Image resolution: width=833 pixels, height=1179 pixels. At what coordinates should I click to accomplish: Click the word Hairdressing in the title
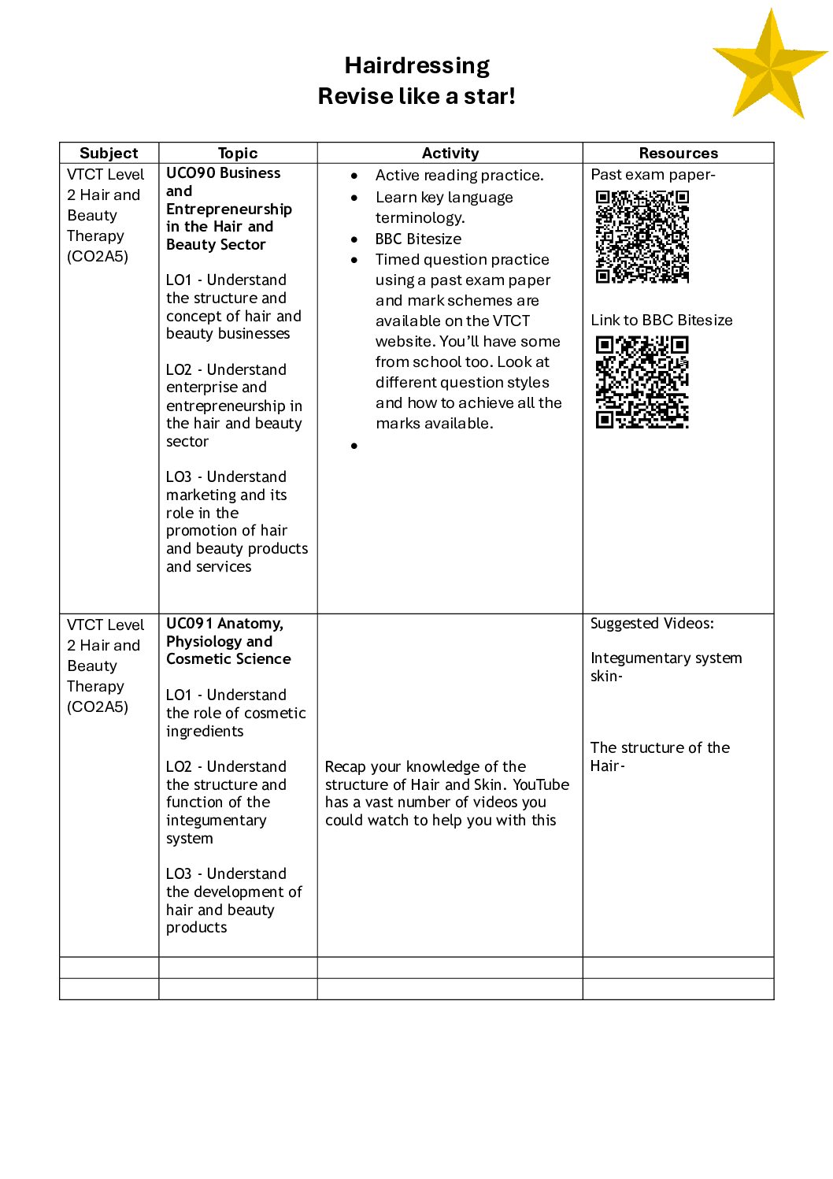[416, 65]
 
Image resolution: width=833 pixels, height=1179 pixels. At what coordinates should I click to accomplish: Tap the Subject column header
[109, 153]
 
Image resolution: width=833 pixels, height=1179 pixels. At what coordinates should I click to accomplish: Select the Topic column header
[238, 153]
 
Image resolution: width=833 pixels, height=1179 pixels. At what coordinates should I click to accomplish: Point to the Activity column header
[450, 153]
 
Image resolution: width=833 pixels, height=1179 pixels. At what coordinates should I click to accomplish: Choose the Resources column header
[678, 153]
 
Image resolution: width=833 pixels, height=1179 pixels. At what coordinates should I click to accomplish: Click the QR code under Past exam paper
[642, 236]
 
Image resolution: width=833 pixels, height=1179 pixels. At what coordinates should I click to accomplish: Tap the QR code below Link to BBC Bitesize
[642, 383]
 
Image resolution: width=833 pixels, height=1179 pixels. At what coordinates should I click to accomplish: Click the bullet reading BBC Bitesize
[418, 239]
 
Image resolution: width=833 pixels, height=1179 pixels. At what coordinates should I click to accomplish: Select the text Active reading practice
[459, 175]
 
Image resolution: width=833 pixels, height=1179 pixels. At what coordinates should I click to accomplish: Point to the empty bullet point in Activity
[354, 446]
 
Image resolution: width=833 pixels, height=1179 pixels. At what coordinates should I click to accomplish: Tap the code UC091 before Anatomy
[189, 624]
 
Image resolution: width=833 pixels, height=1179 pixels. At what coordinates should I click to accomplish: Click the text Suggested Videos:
[652, 624]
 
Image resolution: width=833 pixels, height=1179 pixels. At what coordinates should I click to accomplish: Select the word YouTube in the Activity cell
[541, 784]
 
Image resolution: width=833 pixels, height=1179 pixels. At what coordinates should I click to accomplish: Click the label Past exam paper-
[653, 175]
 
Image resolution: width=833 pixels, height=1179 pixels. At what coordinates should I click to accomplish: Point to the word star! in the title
[488, 96]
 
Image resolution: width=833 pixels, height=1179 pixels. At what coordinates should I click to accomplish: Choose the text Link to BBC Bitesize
[661, 320]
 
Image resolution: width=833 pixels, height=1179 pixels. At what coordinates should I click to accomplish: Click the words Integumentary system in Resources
[666, 658]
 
